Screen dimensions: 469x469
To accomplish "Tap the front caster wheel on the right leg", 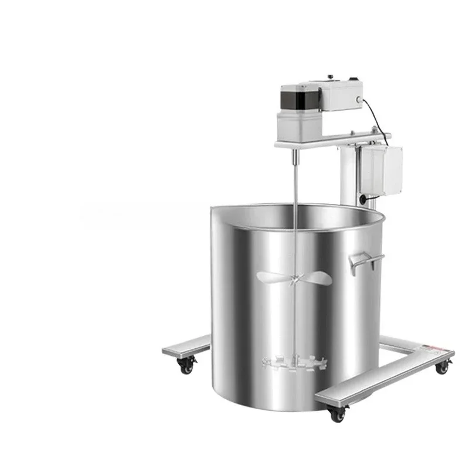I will (337, 414).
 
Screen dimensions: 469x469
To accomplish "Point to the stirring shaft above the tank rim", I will (297, 182).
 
